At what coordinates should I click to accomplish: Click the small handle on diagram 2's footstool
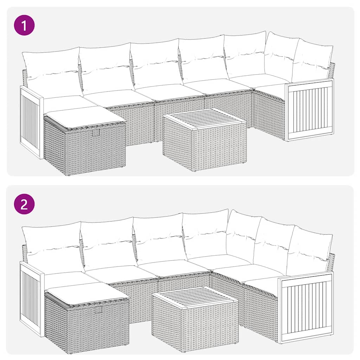[98, 309]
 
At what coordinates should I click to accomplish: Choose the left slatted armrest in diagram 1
[31, 121]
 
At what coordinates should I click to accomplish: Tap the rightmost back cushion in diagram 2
[309, 250]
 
